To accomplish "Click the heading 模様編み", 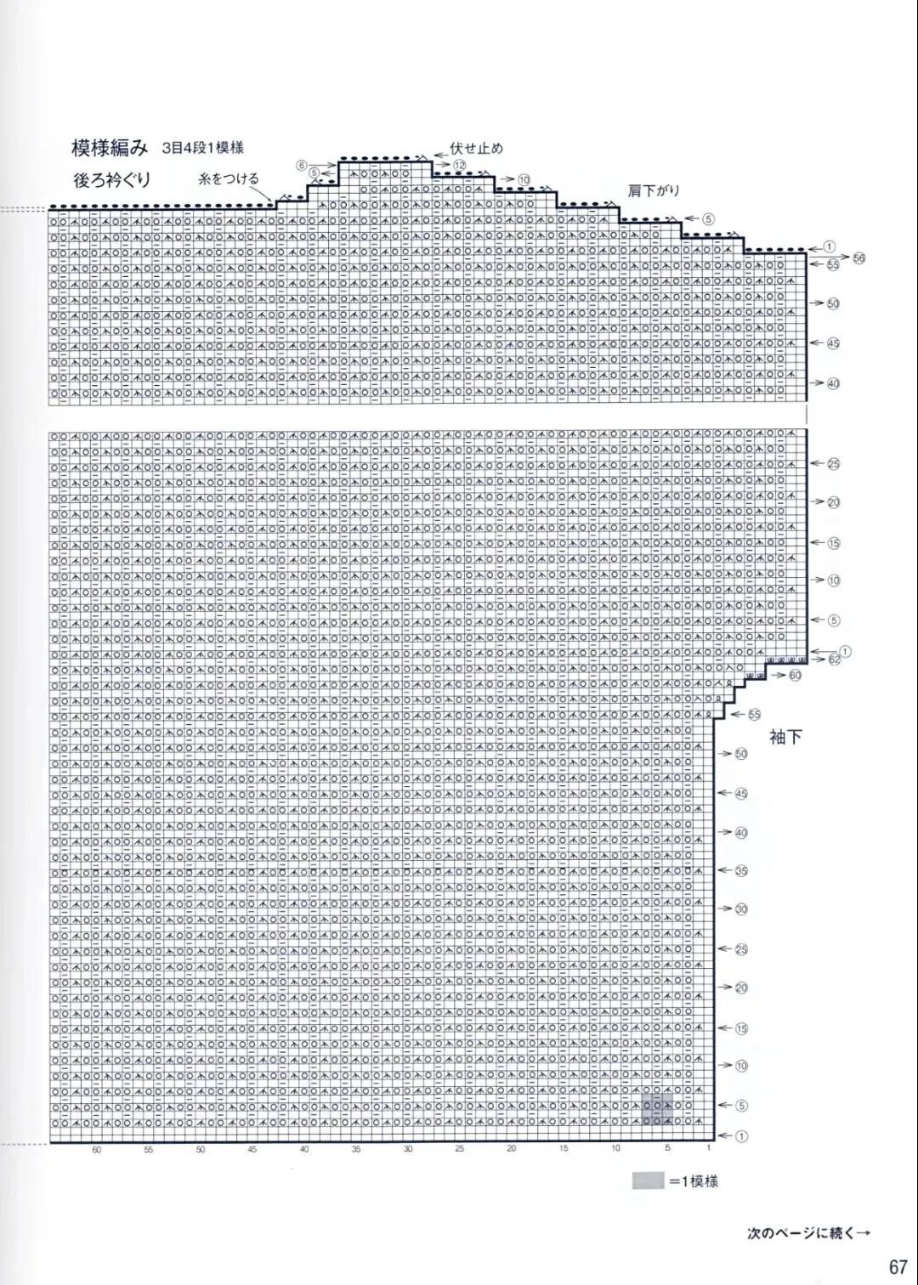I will [110, 149].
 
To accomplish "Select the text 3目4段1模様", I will [203, 148].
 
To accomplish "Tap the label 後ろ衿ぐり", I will [111, 179].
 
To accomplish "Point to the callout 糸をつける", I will [229, 178].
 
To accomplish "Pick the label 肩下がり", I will [654, 191].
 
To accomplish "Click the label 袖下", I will [785, 737].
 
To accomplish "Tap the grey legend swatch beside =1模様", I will [648, 1180].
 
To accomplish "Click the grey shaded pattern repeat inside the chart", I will [657, 1111].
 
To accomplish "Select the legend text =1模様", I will [694, 1181].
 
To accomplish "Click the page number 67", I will [898, 1266].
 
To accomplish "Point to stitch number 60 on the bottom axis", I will [97, 1150].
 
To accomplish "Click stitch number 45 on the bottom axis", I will [252, 1150].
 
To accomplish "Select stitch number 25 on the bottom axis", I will [460, 1150].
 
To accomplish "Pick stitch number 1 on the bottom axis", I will [708, 1148].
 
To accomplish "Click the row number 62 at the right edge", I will [834, 659].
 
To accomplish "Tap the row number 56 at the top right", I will [858, 258].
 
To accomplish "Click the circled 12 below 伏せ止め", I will [459, 165].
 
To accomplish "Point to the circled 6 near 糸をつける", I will [302, 165].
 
